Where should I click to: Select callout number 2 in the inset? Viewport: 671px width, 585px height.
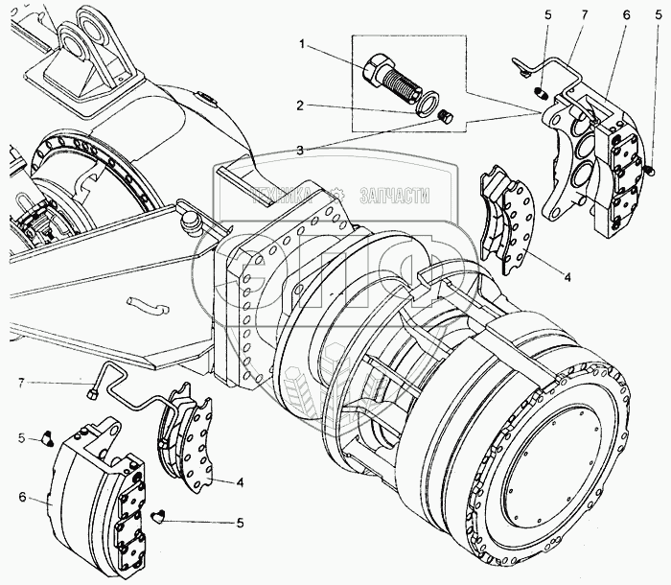[x=301, y=106]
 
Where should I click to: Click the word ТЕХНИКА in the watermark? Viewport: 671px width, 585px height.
[x=285, y=196]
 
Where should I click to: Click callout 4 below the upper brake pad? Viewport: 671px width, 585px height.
[x=567, y=277]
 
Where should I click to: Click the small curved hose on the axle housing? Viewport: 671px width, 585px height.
[x=150, y=307]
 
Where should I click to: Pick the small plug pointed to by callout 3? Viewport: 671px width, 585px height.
[x=444, y=116]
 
